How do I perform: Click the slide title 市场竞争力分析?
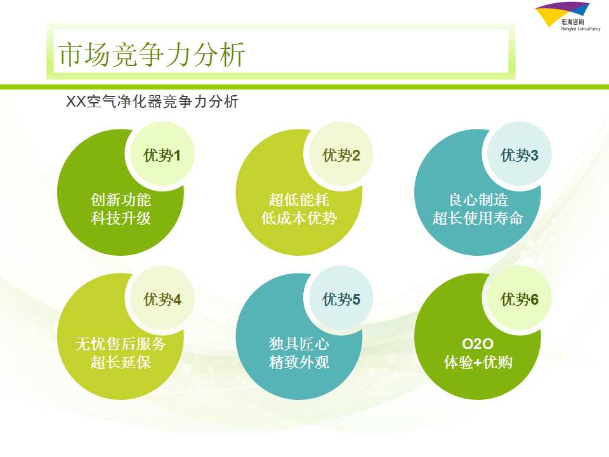point(151,55)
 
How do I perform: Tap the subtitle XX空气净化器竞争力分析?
point(152,102)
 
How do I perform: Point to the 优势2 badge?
point(341,154)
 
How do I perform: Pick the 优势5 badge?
point(341,298)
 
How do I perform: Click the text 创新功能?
point(121,200)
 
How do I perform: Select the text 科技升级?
point(121,218)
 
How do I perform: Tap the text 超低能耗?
point(299,200)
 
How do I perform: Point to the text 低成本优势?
point(299,218)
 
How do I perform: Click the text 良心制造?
point(478,200)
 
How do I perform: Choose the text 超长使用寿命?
point(478,218)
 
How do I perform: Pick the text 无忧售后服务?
point(121,344)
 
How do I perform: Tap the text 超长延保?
point(121,362)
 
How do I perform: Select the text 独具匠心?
point(299,344)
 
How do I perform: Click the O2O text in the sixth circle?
point(478,344)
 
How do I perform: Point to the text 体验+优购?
point(478,362)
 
